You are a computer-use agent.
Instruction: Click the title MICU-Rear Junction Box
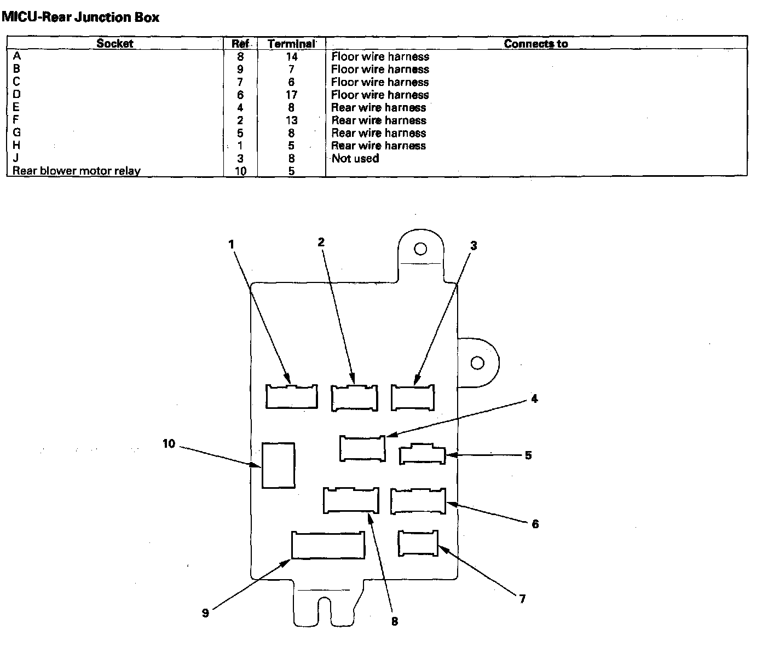pos(80,17)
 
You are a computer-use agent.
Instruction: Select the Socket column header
pos(114,43)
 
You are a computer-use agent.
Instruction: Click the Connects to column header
pos(535,43)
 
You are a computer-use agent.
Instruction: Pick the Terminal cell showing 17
pos(291,95)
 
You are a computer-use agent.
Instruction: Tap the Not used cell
pos(355,158)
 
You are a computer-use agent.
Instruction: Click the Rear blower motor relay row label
pos(76,171)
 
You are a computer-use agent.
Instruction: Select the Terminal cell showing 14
pos(291,56)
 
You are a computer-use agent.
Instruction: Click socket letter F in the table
pos(16,120)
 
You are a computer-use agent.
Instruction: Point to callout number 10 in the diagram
pos(169,443)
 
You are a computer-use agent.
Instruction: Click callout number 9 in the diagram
pos(205,613)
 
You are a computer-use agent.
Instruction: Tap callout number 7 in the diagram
pos(522,599)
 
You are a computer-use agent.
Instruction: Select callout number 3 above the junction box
pos(474,246)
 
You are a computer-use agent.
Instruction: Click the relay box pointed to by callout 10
pos(278,465)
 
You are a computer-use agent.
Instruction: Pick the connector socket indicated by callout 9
pos(328,545)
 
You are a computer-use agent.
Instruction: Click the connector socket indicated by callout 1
pos(292,396)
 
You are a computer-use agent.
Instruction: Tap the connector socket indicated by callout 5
pos(422,455)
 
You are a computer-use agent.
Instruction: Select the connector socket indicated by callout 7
pos(418,544)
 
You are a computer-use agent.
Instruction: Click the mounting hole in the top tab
pos(420,249)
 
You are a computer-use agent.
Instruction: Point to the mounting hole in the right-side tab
pos(477,363)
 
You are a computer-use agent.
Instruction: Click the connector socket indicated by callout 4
pos(362,448)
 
